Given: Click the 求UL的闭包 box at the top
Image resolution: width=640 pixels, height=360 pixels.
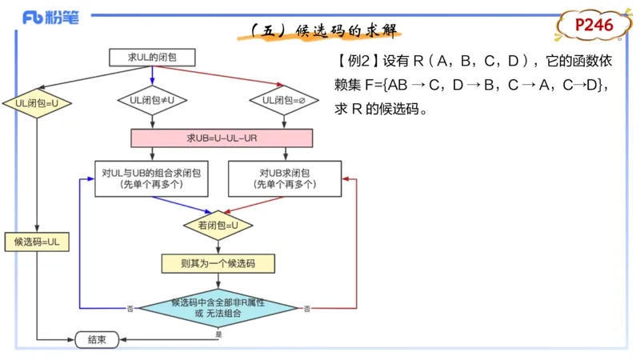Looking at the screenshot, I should [x=152, y=57].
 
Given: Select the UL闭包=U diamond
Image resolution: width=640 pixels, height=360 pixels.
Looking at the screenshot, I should [x=38, y=103].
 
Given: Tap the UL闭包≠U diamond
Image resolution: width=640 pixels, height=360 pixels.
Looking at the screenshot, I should [x=152, y=100].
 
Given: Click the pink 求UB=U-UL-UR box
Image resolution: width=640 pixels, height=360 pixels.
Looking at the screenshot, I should [x=222, y=138].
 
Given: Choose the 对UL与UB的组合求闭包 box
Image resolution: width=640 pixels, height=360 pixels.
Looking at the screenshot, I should [x=151, y=178].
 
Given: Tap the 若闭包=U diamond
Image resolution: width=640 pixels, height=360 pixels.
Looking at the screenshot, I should [x=218, y=226].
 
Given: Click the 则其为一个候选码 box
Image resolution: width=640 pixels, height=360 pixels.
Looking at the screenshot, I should [x=218, y=262].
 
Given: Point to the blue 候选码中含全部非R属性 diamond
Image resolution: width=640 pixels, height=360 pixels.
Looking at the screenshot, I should [x=218, y=308].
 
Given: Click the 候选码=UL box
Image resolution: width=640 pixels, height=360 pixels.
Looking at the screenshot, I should [x=38, y=241].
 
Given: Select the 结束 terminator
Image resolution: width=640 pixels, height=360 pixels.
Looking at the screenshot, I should [x=97, y=339].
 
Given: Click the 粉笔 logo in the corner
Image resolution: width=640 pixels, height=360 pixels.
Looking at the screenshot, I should [x=50, y=18].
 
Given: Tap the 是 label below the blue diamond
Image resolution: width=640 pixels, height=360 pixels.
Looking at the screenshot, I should [x=218, y=334].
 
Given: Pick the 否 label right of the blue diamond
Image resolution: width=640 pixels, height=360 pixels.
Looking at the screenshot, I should [x=306, y=308].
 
